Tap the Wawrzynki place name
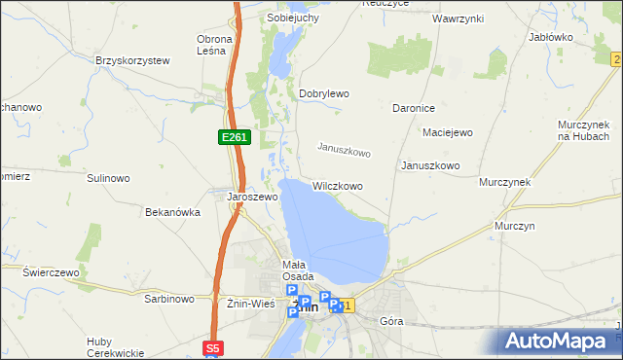[459, 18]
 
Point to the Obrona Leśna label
[214, 46]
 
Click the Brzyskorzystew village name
[132, 60]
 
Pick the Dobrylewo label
[323, 93]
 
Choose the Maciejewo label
[447, 131]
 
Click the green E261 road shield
[234, 138]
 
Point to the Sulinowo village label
[108, 178]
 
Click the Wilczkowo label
[338, 185]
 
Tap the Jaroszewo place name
[252, 196]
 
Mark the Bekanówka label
[172, 211]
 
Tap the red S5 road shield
[214, 347]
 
